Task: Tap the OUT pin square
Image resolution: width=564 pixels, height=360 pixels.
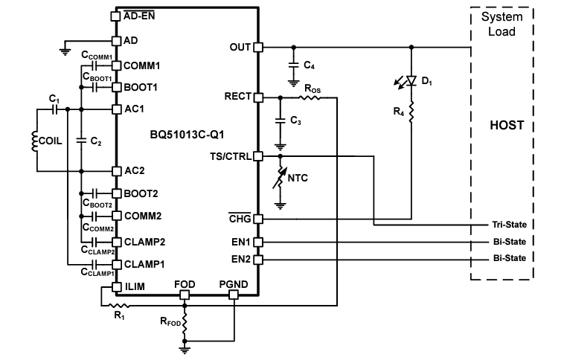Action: [x=258, y=48]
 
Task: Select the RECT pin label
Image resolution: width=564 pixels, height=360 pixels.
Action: [x=237, y=97]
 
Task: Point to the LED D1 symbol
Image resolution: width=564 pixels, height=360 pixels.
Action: [x=411, y=81]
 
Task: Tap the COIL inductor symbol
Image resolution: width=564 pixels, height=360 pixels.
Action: [x=34, y=141]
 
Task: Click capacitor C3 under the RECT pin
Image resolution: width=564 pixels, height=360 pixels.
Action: [x=281, y=120]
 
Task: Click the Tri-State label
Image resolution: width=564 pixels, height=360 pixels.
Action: [x=509, y=224]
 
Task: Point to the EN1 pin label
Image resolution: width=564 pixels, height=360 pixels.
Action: [x=240, y=242]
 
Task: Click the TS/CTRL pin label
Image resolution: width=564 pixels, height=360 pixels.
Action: [x=231, y=156]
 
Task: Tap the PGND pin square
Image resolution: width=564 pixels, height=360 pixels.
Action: [x=234, y=295]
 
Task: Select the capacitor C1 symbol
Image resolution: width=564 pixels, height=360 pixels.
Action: [x=54, y=109]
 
